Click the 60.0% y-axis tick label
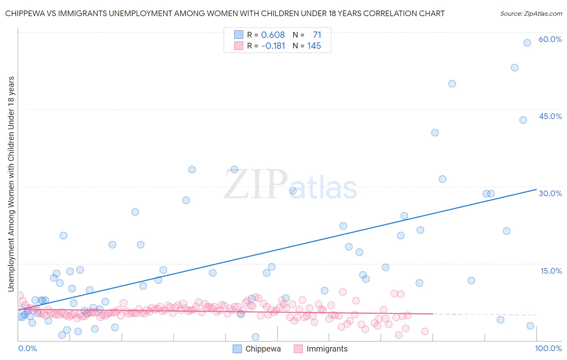tap(550, 39)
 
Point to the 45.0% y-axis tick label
tap(550, 116)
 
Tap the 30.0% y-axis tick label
tap(550, 193)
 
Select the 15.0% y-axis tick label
tap(551, 271)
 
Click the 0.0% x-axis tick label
tap(27, 348)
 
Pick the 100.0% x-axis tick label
tap(548, 348)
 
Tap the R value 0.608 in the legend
tap(273, 35)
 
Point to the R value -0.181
tap(273, 46)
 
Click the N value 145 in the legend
tap(314, 46)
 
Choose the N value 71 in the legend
tap(317, 35)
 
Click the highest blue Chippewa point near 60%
tap(527, 43)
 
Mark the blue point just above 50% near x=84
tap(452, 84)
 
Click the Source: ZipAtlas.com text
tap(531, 13)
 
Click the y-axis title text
tap(11, 184)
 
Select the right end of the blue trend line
tap(536, 189)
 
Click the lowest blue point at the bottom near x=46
tap(255, 337)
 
